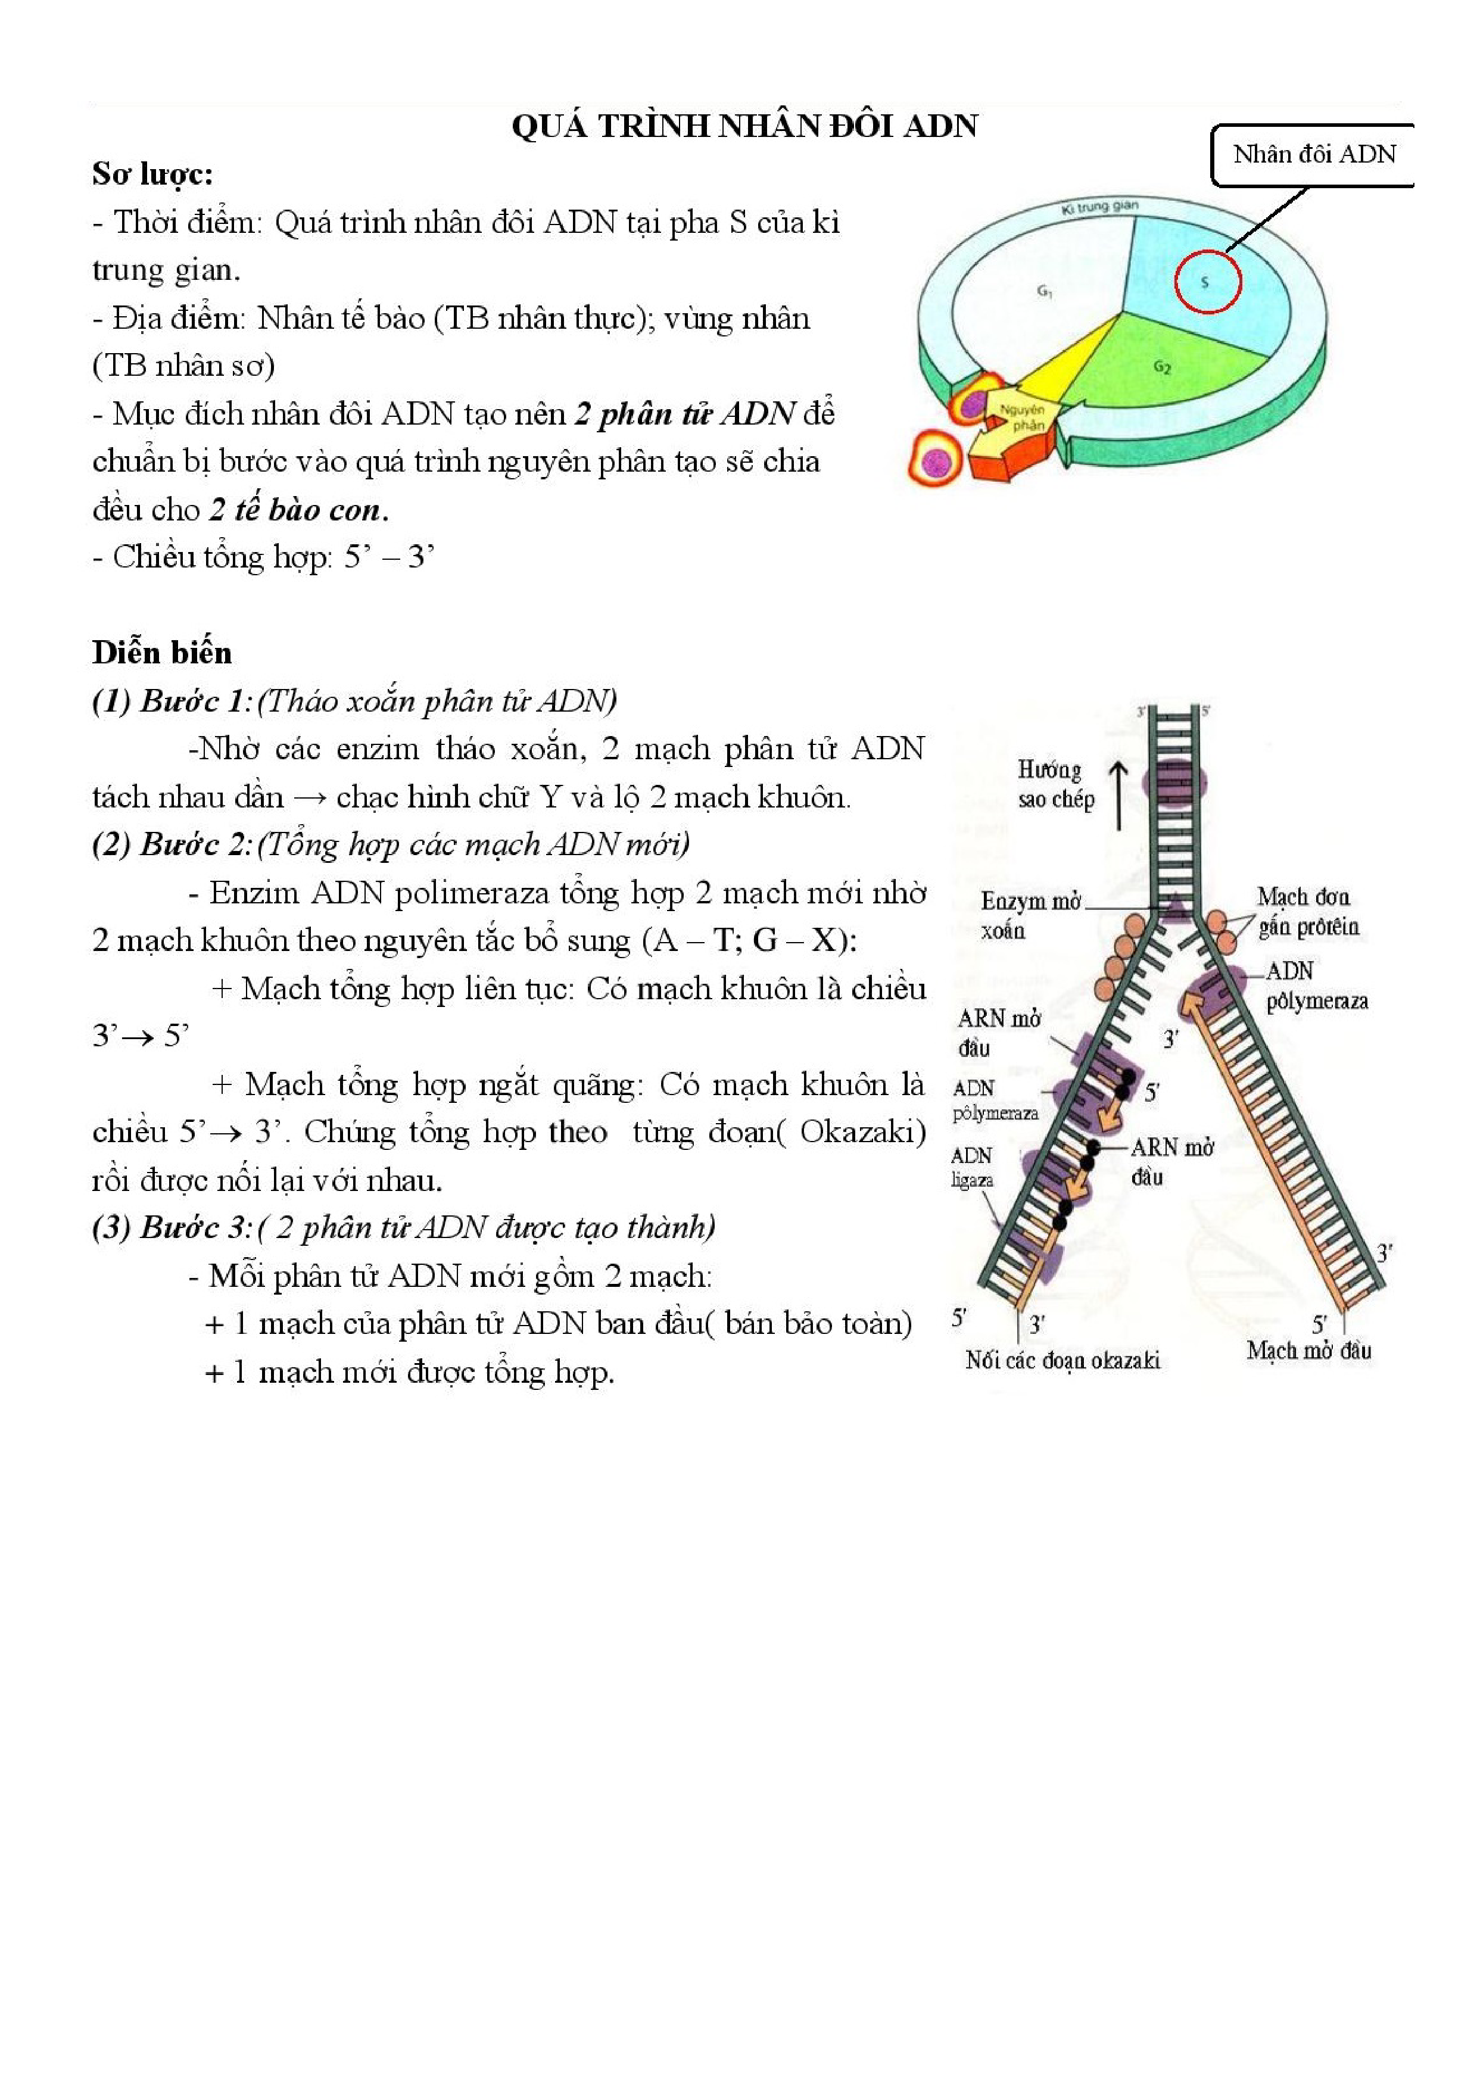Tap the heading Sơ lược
[x=152, y=174]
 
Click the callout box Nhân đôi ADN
[x=1313, y=155]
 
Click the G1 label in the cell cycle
[x=1045, y=292]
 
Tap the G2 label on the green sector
[x=1161, y=367]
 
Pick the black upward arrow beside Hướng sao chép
[x=1118, y=794]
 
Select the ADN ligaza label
[x=972, y=1167]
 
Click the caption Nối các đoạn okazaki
[x=1062, y=1360]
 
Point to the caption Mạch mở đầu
[x=1308, y=1350]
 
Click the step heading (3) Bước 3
[x=171, y=1227]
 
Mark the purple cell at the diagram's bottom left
[x=934, y=462]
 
